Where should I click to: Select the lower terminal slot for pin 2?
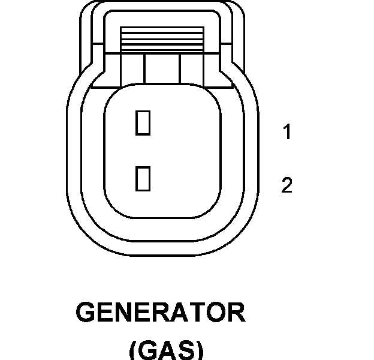click(x=143, y=179)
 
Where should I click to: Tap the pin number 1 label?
click(x=287, y=133)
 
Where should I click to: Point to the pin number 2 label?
click(x=287, y=185)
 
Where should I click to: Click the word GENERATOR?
click(x=161, y=314)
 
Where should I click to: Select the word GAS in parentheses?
click(x=166, y=349)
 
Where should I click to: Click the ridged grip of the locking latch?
click(x=163, y=40)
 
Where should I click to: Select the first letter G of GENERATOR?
click(x=88, y=314)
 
